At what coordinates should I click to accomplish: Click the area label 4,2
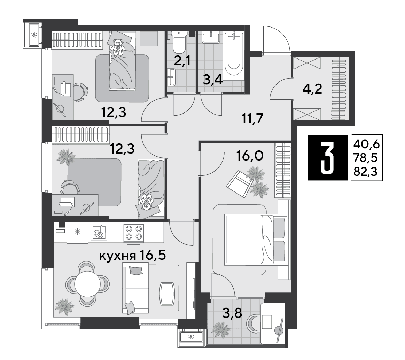(312, 89)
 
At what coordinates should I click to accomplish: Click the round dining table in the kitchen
(87, 284)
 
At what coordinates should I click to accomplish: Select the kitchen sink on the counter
(99, 232)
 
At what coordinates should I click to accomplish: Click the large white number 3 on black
(327, 157)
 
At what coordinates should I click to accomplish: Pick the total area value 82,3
(366, 171)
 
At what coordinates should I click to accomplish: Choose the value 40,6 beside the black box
(366, 144)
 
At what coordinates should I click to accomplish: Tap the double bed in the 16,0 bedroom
(256, 240)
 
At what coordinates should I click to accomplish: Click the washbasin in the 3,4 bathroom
(211, 37)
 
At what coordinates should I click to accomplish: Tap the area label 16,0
(250, 156)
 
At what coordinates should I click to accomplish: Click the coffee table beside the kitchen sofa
(168, 294)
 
